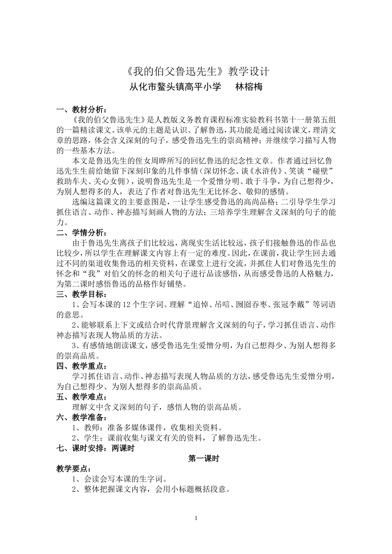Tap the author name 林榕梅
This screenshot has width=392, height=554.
pyautogui.click(x=248, y=87)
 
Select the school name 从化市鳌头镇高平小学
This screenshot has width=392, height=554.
pyautogui.click(x=175, y=87)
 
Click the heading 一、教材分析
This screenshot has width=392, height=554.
pyautogui.click(x=82, y=110)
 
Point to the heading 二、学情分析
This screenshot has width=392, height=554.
pyautogui.click(x=82, y=232)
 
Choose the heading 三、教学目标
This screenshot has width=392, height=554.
pyautogui.click(x=82, y=294)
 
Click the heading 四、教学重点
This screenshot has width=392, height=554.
pyautogui.click(x=82, y=366)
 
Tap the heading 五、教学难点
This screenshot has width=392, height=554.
pyautogui.click(x=82, y=397)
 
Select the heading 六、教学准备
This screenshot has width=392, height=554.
pyautogui.click(x=82, y=418)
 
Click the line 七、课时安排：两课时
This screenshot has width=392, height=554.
pyautogui.click(x=95, y=448)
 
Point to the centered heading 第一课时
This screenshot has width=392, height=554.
pyautogui.click(x=203, y=459)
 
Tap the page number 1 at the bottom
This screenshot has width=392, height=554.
pyautogui.click(x=196, y=518)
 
